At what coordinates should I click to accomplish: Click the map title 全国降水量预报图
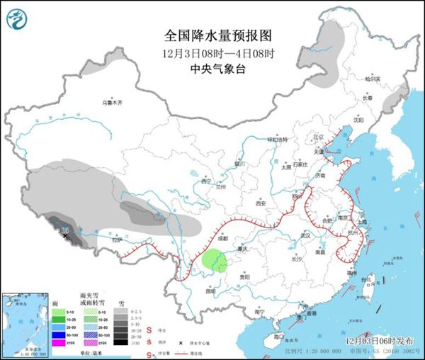pyautogui.click(x=217, y=35)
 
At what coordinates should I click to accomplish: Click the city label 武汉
pyautogui.click(x=305, y=235)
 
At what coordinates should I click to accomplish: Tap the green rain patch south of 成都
pyautogui.click(x=213, y=261)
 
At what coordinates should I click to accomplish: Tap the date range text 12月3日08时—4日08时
pyautogui.click(x=217, y=53)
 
